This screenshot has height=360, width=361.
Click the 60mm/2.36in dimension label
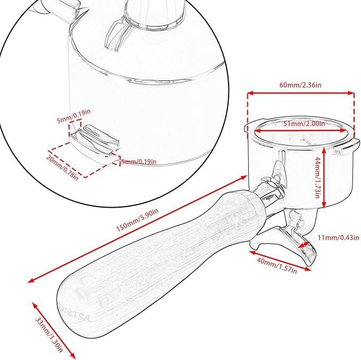click(300, 85)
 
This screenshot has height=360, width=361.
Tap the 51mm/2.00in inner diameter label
click(304, 124)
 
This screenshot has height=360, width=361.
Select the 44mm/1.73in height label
click(317, 178)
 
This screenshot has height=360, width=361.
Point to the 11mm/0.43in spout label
click(338, 237)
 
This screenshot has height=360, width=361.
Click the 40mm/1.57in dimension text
click(277, 265)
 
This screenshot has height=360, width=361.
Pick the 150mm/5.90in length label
click(137, 220)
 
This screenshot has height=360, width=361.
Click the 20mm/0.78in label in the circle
click(62, 167)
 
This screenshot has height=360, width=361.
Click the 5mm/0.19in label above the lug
click(74, 116)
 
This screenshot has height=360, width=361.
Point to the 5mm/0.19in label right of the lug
click(139, 161)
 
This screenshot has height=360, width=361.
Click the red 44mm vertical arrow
click(324, 177)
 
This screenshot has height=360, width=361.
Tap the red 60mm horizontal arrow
click(301, 93)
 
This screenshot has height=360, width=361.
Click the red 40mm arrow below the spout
click(280, 261)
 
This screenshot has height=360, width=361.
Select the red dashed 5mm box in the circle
click(75, 127)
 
